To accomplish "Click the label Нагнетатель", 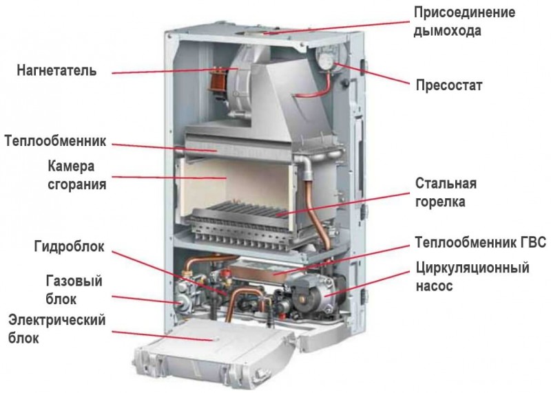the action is click(x=56, y=71).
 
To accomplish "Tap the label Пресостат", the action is click(x=449, y=85).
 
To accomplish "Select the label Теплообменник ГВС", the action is click(x=481, y=242).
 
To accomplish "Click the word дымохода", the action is click(x=447, y=30).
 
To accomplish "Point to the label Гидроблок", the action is click(x=70, y=246).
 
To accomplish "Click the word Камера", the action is click(x=71, y=166).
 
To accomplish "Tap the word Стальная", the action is click(x=446, y=183).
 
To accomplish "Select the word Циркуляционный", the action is click(x=472, y=268).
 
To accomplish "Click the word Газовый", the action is click(x=74, y=281).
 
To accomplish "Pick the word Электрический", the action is click(x=57, y=320).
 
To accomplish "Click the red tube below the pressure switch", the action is click(x=315, y=90).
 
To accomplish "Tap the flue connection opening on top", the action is click(x=260, y=33).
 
